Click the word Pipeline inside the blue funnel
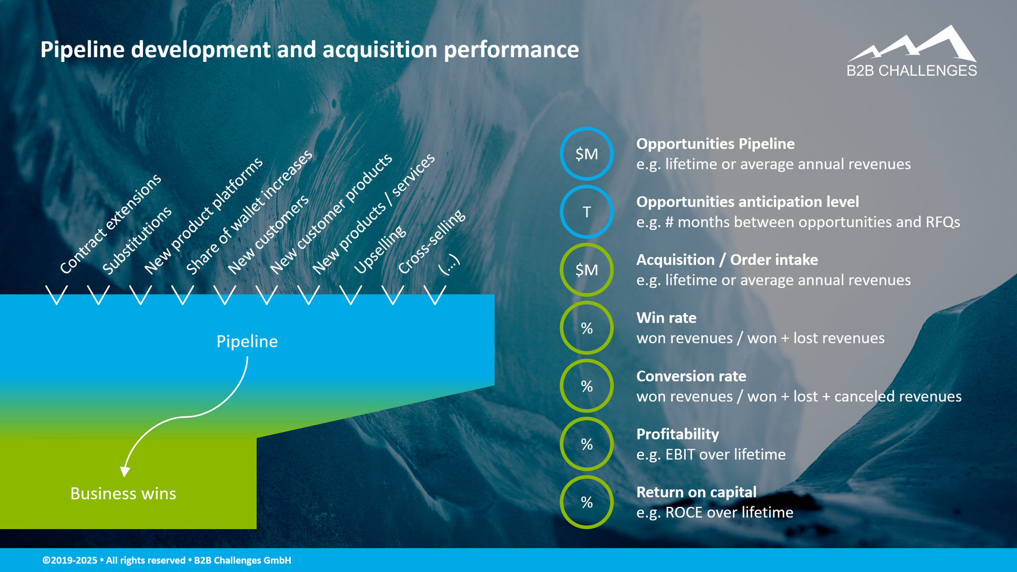coord(247,342)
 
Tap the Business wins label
coord(123,494)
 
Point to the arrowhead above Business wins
coord(126,471)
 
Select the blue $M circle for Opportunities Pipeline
coord(586,154)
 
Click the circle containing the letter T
coord(586,212)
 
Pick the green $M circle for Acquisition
coord(586,270)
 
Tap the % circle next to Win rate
coord(586,328)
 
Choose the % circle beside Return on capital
coord(586,502)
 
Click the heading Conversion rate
coord(691,376)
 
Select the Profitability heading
coord(677,434)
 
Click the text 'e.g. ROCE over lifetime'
coord(715,513)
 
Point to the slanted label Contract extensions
coord(110,224)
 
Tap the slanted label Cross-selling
coord(431,242)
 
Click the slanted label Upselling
coord(380,250)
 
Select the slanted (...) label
coord(449,264)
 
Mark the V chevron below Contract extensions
coord(56,295)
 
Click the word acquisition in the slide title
coord(380,50)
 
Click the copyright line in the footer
coord(167,560)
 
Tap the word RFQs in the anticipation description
coord(942,222)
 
